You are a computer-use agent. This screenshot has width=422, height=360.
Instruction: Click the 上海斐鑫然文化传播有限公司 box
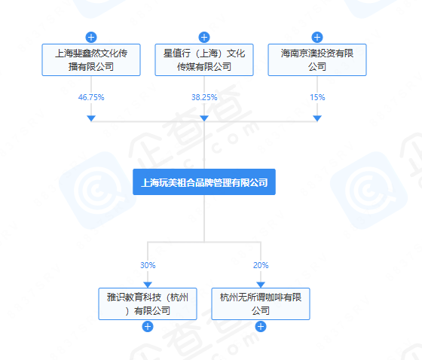pyautogui.click(x=91, y=59)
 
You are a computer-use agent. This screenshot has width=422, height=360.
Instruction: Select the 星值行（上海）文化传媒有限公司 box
pyautogui.click(x=204, y=59)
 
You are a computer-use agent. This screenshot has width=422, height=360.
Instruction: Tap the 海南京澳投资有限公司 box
pyautogui.click(x=317, y=59)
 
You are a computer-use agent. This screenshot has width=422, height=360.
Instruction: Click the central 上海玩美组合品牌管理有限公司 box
pyautogui.click(x=204, y=182)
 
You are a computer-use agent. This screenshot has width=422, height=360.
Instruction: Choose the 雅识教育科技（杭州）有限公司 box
pyautogui.click(x=148, y=304)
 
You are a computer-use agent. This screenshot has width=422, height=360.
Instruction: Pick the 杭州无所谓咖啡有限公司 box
pyautogui.click(x=261, y=304)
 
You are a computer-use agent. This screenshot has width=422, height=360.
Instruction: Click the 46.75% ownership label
pyautogui.click(x=91, y=97)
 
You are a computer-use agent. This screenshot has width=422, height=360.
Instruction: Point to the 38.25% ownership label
pyautogui.click(x=204, y=97)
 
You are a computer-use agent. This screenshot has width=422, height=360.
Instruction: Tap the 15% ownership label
pyautogui.click(x=317, y=97)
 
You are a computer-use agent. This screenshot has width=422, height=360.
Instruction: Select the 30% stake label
pyautogui.click(x=148, y=265)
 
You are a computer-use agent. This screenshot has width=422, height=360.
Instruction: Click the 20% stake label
pyautogui.click(x=261, y=265)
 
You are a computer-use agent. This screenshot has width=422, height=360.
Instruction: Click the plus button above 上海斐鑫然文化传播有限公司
pyautogui.click(x=91, y=37)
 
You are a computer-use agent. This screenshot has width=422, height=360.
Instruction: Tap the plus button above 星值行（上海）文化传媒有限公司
pyautogui.click(x=204, y=37)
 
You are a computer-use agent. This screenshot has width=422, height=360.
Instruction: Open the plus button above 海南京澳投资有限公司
pyautogui.click(x=317, y=37)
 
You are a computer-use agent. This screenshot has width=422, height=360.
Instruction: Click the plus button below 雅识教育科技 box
pyautogui.click(x=148, y=327)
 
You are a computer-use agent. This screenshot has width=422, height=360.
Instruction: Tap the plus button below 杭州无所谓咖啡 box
pyautogui.click(x=261, y=327)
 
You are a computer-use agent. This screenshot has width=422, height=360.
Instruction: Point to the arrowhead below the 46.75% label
pyautogui.click(x=91, y=118)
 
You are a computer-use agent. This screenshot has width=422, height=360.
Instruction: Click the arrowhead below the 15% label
pyautogui.click(x=317, y=118)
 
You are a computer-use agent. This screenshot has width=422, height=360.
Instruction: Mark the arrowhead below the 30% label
pyautogui.click(x=148, y=285)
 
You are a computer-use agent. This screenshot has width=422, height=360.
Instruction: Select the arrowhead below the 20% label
pyautogui.click(x=261, y=285)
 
